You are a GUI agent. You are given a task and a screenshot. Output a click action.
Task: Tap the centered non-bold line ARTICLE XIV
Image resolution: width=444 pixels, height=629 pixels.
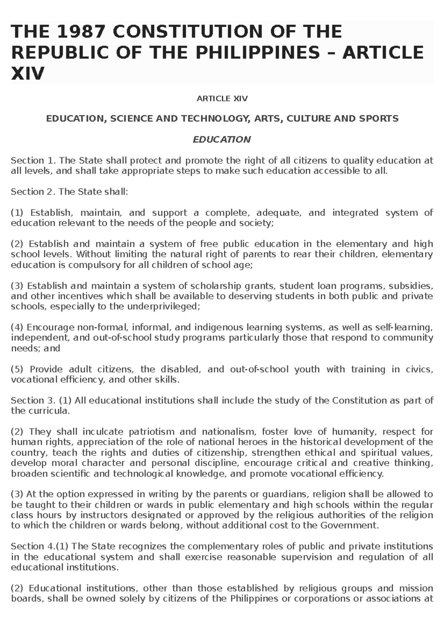pyautogui.click(x=222, y=99)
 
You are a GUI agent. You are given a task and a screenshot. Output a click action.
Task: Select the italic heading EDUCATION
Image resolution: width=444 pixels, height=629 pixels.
pyautogui.click(x=222, y=140)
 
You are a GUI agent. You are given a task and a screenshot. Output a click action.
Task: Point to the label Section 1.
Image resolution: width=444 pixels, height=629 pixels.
pyautogui.click(x=33, y=160)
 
